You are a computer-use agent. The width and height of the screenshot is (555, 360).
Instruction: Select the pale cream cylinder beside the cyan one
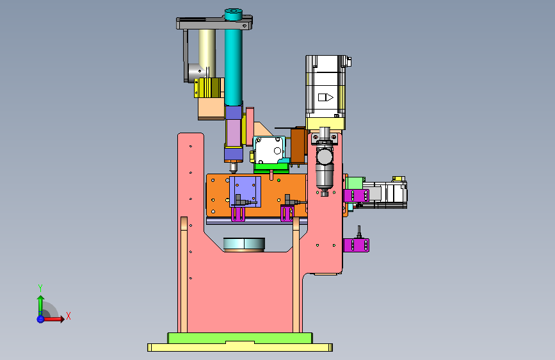point(207,53)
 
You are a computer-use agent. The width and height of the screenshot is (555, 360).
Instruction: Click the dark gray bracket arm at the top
point(214,24)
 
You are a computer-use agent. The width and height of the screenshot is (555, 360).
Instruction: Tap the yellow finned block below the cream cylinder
point(209,88)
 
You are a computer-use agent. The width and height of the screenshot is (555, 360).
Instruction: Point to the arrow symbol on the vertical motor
point(326,97)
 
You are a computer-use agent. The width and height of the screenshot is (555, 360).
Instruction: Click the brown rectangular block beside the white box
point(298,145)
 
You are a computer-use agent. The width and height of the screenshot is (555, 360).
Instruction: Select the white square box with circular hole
point(270,150)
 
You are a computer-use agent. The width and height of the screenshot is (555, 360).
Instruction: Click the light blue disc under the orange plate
point(245,244)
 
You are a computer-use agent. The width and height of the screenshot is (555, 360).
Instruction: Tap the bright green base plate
point(240,338)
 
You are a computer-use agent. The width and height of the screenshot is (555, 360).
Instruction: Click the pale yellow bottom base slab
point(240,347)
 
